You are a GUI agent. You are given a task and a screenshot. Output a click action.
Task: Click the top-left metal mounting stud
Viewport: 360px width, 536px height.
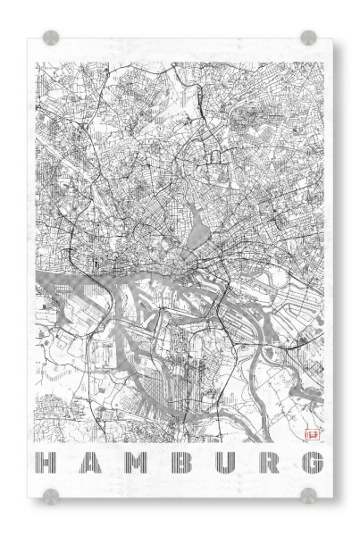pos(51,38)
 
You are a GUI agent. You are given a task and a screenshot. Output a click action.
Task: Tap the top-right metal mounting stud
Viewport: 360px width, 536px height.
pos(308,38)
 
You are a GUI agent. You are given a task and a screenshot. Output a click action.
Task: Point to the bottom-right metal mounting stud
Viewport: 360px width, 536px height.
pos(308,495)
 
